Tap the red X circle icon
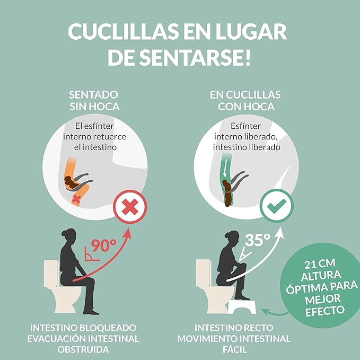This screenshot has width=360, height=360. coord(130,207)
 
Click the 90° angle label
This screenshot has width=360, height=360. coord(103,245)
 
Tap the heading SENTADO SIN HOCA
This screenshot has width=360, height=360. coord(94,101)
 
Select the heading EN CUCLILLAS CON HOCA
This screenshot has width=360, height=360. coord(245,101)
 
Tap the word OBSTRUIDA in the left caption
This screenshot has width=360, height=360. coord(83,350)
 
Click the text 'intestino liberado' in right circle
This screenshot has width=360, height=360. coord(247,147)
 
